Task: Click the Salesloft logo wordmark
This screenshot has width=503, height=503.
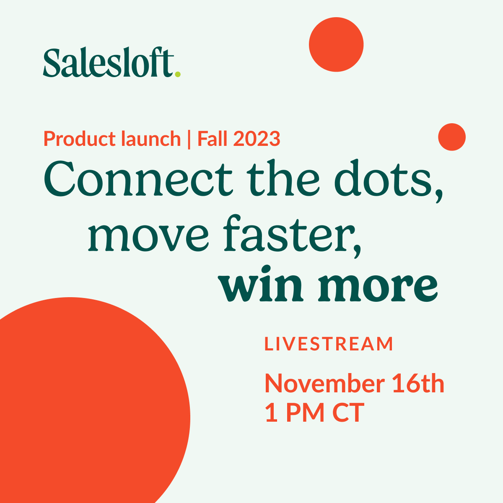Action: pyautogui.click(x=108, y=63)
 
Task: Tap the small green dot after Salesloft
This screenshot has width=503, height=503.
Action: pyautogui.click(x=178, y=74)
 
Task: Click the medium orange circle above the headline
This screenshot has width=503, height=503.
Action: pyautogui.click(x=336, y=44)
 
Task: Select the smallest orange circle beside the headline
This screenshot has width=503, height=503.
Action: pyautogui.click(x=452, y=137)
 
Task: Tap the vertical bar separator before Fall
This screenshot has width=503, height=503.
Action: pyautogui.click(x=189, y=139)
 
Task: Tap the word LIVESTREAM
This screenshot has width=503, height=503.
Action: pyautogui.click(x=329, y=344)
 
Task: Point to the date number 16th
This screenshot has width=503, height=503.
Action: pyautogui.click(x=418, y=384)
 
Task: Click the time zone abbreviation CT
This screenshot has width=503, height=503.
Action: pyautogui.click(x=348, y=412)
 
